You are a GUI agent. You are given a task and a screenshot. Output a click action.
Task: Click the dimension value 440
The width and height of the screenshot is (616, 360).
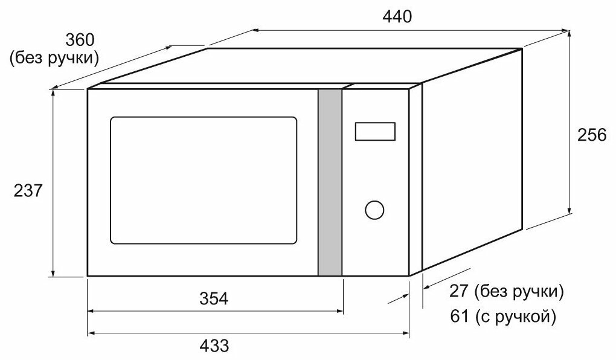(x=397, y=17)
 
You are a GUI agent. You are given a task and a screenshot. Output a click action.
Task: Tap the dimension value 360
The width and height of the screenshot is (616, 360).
(x=80, y=40)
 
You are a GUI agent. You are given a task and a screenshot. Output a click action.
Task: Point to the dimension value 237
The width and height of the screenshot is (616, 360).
(x=28, y=191)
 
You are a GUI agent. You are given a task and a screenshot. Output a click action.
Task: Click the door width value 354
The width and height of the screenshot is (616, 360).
(x=214, y=299)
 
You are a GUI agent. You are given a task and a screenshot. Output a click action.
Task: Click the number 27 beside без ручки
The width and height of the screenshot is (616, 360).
(x=460, y=292)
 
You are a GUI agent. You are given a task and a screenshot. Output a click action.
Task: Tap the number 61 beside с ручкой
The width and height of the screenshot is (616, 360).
(x=460, y=315)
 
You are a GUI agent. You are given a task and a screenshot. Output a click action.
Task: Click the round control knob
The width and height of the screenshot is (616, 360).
(x=374, y=210)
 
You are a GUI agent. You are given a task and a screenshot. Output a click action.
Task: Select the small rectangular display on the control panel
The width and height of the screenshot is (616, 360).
(x=375, y=131)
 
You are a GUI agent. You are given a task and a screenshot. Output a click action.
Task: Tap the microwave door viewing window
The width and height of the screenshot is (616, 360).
(x=203, y=181)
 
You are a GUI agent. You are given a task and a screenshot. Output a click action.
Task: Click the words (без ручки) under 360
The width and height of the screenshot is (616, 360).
(x=54, y=59)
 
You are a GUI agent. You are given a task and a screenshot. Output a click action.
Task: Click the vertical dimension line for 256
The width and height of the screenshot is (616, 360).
(x=570, y=121)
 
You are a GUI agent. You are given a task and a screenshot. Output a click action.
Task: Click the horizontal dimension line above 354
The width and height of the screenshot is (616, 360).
(x=216, y=311)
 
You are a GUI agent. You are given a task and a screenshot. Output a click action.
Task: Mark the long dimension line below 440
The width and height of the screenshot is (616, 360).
(x=411, y=29)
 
